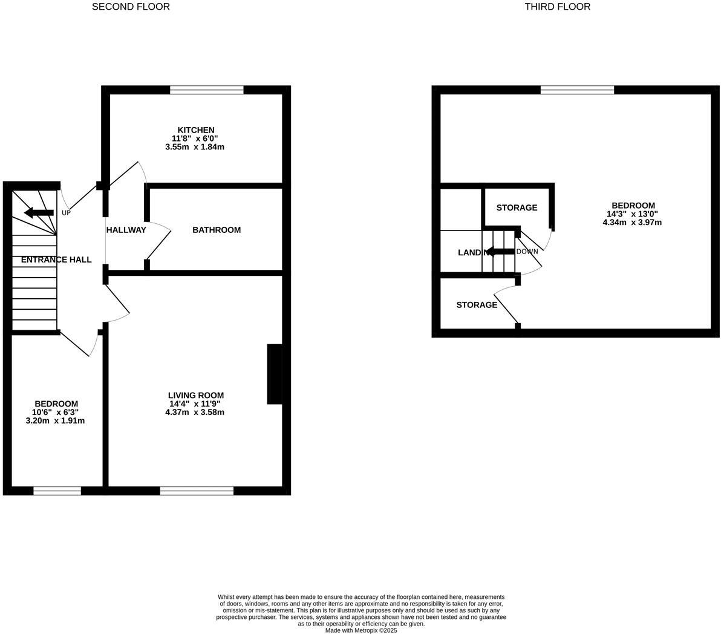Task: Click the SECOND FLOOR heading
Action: tap(131, 7)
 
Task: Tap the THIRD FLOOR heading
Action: tap(557, 7)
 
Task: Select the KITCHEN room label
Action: tap(195, 130)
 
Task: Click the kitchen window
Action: tap(207, 90)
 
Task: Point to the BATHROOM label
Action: tap(217, 230)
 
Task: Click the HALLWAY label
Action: tap(126, 230)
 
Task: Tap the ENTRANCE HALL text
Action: tap(56, 260)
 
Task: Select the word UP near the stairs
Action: tap(66, 213)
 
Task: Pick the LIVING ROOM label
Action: tap(195, 396)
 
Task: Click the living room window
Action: tap(197, 491)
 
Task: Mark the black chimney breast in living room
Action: tap(275, 374)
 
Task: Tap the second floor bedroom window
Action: tap(57, 491)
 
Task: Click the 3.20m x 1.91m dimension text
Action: tap(55, 421)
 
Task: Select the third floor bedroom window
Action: tap(577, 90)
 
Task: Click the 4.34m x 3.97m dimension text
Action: tap(632, 223)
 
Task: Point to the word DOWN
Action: tap(527, 252)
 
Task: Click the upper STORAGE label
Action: tap(517, 208)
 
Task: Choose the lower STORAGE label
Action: tap(477, 305)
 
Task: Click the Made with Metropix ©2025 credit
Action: tap(361, 630)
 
